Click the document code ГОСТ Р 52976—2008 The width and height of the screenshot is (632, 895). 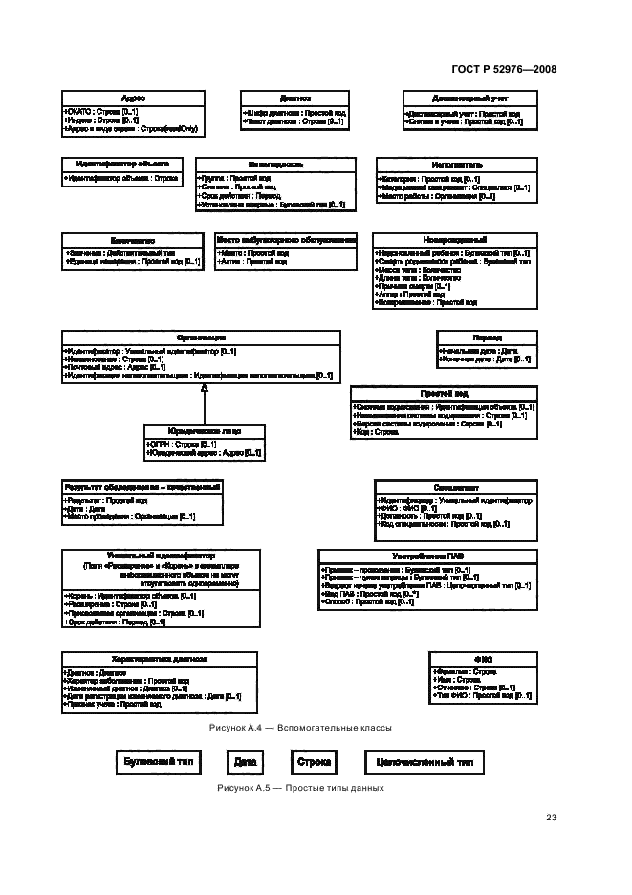coord(503,69)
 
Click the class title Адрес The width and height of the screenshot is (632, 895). coord(133,98)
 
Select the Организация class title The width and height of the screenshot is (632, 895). coord(201,337)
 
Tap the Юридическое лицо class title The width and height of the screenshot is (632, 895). coord(204,430)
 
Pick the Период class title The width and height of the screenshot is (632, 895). coord(487,338)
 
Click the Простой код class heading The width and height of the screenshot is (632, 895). coord(445,393)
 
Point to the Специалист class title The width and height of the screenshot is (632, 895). coord(454,487)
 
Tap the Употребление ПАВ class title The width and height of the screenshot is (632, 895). coord(427,556)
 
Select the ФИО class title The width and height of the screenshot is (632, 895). coord(482,659)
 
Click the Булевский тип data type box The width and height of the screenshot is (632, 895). coord(160,762)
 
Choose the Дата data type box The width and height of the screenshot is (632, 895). coord(242,762)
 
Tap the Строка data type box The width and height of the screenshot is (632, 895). coord(314,762)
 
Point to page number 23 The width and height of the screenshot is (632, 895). coord(551,817)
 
